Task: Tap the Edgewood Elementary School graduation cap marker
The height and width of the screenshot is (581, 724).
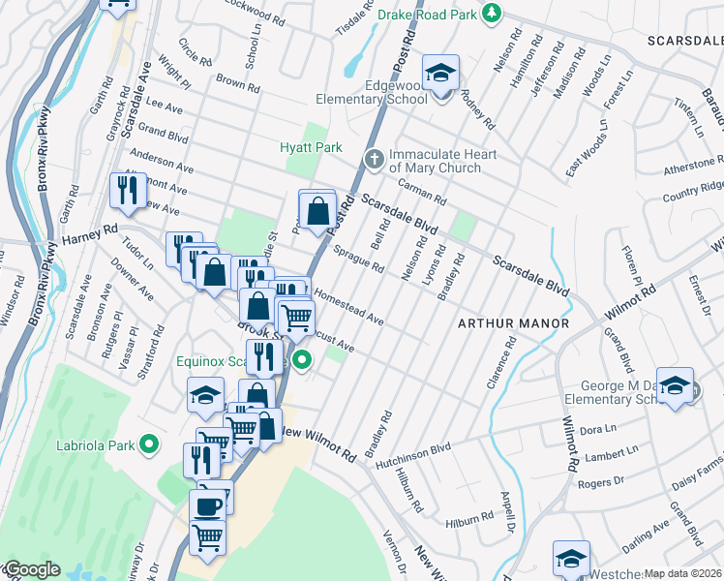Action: [x=440, y=73]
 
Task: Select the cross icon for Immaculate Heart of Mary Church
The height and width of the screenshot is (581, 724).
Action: [x=372, y=157]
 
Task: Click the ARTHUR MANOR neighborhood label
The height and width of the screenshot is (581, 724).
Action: [x=512, y=322]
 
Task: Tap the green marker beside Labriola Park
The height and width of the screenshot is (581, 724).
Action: [x=148, y=444]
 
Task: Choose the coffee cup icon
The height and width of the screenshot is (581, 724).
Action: [x=209, y=505]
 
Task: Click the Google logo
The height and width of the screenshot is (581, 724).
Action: [x=31, y=569]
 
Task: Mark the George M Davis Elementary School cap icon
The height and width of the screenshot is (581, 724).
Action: [x=675, y=383]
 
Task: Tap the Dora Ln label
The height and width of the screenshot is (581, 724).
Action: [x=597, y=428]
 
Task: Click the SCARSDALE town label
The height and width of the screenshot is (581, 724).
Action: [x=686, y=40]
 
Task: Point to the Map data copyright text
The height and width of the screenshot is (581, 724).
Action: [x=682, y=573]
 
